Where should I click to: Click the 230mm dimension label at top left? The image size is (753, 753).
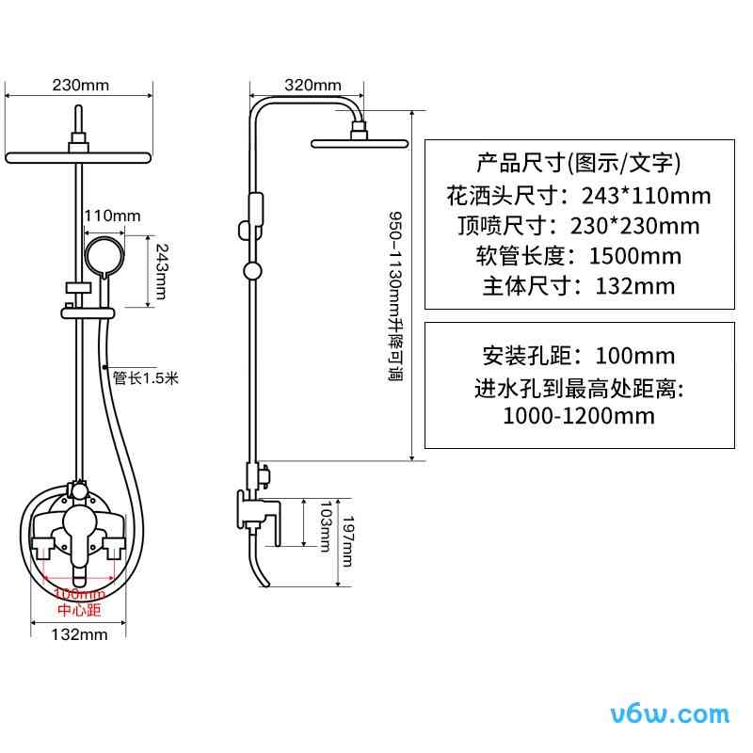coord(81,85)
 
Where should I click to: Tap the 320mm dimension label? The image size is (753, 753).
coord(312,85)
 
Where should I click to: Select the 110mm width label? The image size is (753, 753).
coord(112,216)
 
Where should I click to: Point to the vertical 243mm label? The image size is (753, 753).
coord(161,271)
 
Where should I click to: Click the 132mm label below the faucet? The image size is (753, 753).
coord(79,634)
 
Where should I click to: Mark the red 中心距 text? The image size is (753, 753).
coord(78,609)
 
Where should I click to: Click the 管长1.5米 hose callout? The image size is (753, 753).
coord(145,378)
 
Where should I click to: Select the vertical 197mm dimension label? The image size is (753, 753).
coord(347,539)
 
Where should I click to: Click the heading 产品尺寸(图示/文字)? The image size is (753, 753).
coord(578,164)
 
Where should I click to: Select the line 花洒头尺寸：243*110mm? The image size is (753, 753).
coord(578,196)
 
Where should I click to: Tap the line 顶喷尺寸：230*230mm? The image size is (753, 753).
coord(578,226)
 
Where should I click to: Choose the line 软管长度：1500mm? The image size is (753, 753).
coord(578,255)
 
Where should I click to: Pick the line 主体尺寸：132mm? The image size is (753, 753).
coord(578,285)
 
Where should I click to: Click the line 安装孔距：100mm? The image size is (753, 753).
coord(578,356)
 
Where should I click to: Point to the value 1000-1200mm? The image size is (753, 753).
coord(578,415)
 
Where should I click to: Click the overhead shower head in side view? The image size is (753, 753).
coord(357,143)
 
